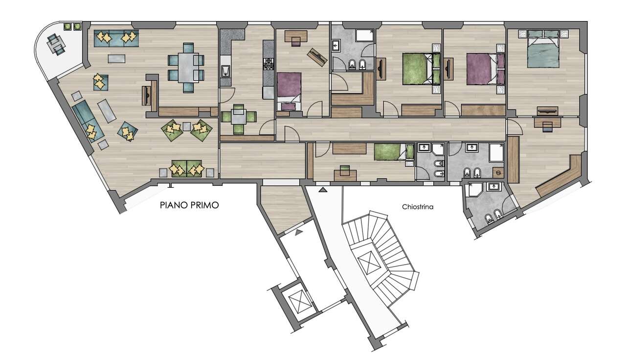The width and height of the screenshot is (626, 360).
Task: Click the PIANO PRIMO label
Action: [x=189, y=205]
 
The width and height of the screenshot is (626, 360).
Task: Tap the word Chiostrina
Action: [x=418, y=207]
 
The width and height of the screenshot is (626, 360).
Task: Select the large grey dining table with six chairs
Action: [x=186, y=67]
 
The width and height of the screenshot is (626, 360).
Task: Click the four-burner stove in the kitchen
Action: [x=268, y=63]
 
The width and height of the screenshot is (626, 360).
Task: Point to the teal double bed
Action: [x=543, y=49]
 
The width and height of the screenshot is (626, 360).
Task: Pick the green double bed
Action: [x=422, y=69]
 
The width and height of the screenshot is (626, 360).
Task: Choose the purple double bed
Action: [x=486, y=69]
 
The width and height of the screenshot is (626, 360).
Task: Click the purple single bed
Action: [x=289, y=91]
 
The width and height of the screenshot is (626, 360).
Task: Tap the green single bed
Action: [x=394, y=152]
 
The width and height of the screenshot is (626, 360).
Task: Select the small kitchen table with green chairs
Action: [x=239, y=118]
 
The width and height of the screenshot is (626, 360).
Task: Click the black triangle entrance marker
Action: [x=323, y=190]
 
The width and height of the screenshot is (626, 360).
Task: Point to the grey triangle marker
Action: [x=299, y=232]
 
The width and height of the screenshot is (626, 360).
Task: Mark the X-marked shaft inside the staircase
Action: [x=369, y=263]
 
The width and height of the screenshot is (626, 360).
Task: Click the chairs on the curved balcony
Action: [x=56, y=45]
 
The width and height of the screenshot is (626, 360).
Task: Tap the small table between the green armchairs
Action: [x=187, y=126]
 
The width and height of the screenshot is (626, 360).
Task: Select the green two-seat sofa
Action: [x=186, y=169]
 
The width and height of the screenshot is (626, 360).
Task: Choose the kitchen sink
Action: [x=225, y=71]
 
